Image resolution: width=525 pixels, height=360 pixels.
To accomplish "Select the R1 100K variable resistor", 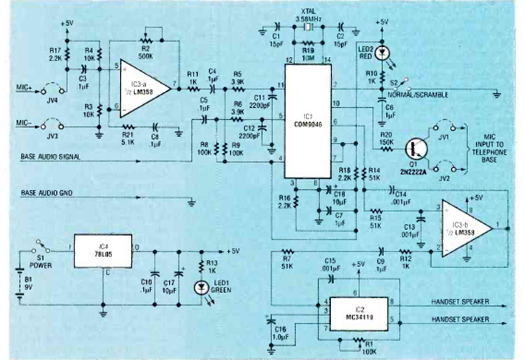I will pos(356,340).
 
